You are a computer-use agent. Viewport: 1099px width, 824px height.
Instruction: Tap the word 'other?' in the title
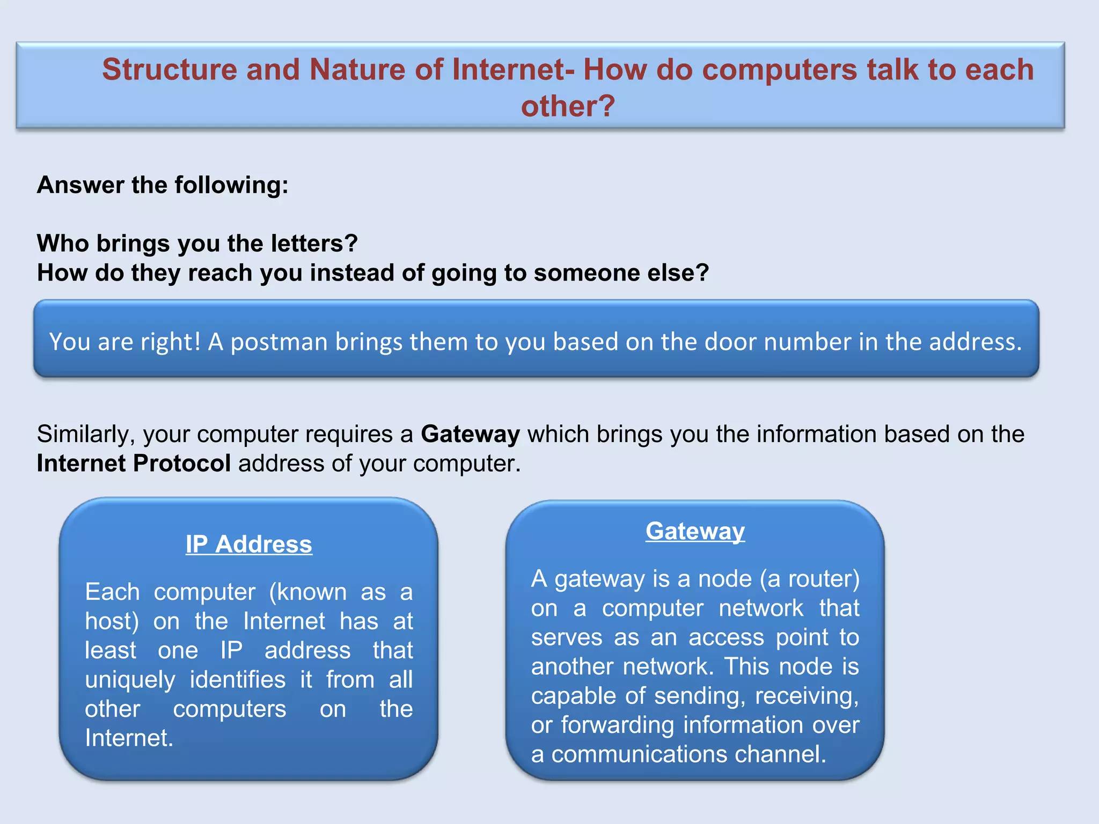[568, 106]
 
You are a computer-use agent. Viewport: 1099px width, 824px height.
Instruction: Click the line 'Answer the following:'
[163, 185]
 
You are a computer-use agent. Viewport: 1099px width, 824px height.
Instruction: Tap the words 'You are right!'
[124, 342]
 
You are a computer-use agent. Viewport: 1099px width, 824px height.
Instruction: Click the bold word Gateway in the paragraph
[470, 434]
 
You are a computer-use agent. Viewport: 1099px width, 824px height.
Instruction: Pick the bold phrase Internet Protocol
[134, 464]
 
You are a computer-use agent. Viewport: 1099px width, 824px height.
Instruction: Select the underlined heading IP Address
[248, 544]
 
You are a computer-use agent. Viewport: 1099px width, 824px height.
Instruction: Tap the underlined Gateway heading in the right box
[695, 531]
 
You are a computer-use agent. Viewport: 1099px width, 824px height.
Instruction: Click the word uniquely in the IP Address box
[130, 680]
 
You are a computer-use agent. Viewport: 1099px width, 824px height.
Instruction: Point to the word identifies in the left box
[238, 680]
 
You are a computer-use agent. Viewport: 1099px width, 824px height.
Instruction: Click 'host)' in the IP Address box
[112, 621]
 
